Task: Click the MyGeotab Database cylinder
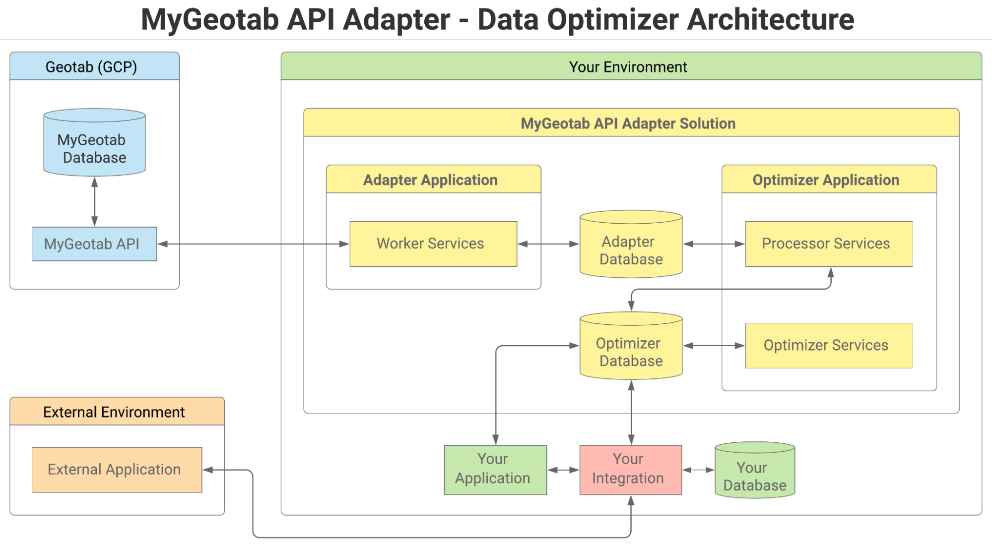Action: pos(94,144)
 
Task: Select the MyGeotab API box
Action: pos(94,244)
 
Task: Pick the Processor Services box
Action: pos(828,244)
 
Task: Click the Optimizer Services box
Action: pos(828,346)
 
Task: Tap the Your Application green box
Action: pos(495,470)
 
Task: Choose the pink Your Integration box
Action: pos(630,470)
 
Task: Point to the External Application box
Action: pos(117,470)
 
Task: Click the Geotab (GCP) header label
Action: pos(91,67)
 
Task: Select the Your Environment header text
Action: pos(628,67)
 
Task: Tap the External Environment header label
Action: pos(114,412)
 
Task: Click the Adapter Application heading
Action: pos(430,180)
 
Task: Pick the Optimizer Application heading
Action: pos(826,180)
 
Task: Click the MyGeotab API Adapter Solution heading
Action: pos(628,123)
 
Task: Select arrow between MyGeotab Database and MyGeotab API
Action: pos(94,202)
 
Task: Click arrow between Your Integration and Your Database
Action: pos(698,470)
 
